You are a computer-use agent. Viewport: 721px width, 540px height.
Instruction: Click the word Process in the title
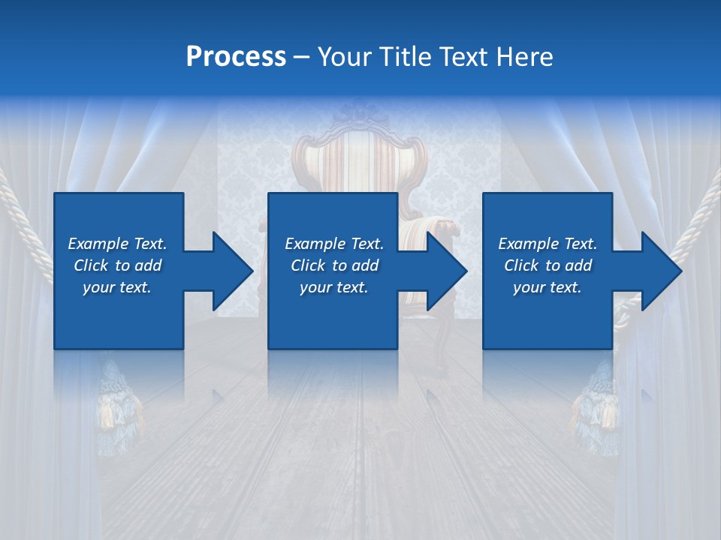[236, 57]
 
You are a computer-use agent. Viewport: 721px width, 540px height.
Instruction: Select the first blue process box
[119, 315]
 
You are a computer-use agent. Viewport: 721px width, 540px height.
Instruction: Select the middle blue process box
[333, 315]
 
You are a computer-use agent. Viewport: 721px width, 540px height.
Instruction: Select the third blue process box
[547, 315]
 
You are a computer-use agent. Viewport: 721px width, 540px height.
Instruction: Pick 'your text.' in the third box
[547, 287]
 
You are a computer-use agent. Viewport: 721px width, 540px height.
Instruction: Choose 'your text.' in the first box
[117, 287]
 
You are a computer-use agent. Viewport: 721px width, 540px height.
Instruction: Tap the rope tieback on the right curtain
[695, 225]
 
